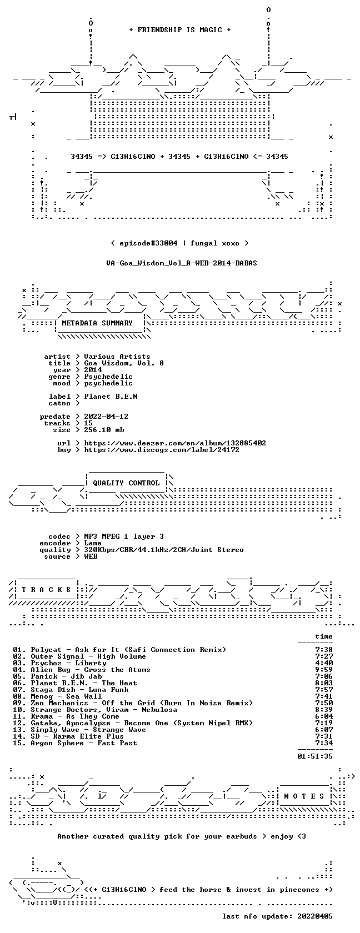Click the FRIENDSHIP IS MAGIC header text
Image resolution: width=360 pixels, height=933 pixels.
click(x=180, y=30)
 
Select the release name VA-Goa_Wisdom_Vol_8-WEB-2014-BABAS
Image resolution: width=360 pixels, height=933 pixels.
click(x=182, y=263)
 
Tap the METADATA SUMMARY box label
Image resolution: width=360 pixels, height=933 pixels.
click(x=97, y=323)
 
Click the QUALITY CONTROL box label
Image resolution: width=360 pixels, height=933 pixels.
click(x=126, y=483)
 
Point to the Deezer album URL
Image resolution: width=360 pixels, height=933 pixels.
click(x=175, y=443)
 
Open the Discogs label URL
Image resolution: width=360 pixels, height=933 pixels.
click(x=162, y=450)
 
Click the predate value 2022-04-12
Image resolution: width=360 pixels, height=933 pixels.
click(x=106, y=417)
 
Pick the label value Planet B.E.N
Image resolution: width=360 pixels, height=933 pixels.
click(x=111, y=397)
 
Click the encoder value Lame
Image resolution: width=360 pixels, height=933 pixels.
click(x=93, y=543)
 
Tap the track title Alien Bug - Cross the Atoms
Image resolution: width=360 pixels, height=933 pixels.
click(x=91, y=670)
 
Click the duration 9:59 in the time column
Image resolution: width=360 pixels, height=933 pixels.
click(x=324, y=670)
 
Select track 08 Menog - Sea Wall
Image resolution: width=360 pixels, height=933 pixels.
click(x=58, y=696)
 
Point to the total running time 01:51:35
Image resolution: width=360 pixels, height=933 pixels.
click(x=315, y=756)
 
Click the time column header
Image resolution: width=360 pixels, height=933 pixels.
click(x=324, y=636)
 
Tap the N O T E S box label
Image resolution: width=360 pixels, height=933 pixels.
click(x=304, y=796)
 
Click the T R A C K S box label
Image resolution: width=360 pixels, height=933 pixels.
click(x=46, y=590)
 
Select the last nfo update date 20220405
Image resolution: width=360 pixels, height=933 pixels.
click(x=315, y=916)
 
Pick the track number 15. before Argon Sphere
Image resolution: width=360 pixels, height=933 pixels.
click(x=19, y=743)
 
